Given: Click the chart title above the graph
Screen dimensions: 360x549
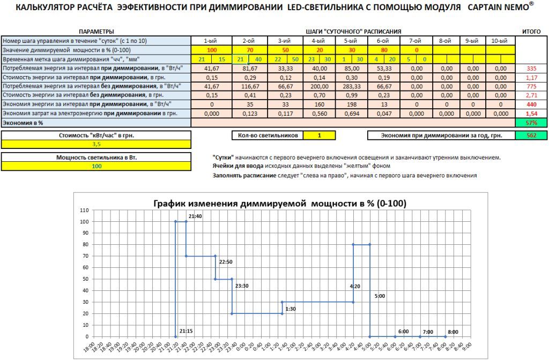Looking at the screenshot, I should pos(280,204).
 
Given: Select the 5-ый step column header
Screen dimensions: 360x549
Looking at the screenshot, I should pos(351,41).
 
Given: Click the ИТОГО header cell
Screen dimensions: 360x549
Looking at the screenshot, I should pos(531,32).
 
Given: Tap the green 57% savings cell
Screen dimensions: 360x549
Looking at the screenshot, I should pos(531,123).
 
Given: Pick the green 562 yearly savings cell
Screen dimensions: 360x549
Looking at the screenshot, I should pos(531,136).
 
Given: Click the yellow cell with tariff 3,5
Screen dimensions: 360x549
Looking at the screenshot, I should pos(96,144).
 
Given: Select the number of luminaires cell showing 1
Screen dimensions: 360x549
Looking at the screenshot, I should pos(319,136).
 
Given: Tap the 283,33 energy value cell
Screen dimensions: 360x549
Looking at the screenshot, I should pos(351,86).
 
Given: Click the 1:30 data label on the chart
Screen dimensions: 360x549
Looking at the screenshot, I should pos(291,309).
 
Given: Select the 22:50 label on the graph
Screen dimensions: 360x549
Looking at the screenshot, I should pos(226,262).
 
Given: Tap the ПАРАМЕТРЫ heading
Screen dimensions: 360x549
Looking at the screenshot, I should pos(96,32).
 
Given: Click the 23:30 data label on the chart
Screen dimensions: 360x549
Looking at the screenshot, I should pos(242,286).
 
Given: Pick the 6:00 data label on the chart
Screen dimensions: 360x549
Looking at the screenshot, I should pos(403,332).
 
